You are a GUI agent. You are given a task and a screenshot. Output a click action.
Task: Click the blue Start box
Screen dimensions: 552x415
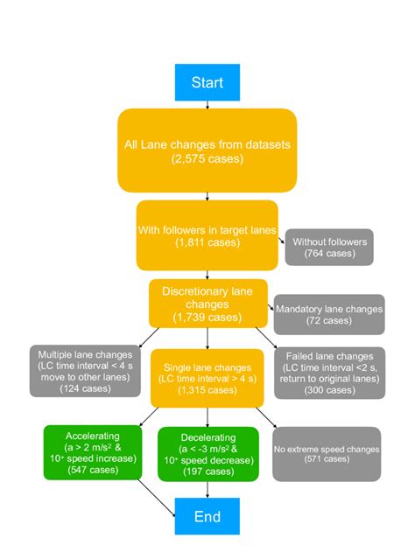(207, 82)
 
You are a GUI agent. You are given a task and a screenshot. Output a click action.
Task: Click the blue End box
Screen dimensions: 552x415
(207, 516)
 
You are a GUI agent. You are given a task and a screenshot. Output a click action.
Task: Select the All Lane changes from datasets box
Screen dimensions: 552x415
(207, 150)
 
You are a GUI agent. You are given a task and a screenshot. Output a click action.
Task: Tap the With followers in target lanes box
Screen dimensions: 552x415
(207, 235)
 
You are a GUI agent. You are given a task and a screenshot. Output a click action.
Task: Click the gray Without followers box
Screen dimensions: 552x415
(328, 248)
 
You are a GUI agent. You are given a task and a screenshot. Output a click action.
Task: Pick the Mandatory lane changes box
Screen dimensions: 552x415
(328, 314)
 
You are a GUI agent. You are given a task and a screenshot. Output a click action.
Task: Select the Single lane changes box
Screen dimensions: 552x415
(207, 377)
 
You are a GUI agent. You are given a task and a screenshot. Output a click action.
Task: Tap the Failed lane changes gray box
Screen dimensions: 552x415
(328, 371)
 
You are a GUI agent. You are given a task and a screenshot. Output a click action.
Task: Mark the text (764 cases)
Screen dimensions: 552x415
(328, 254)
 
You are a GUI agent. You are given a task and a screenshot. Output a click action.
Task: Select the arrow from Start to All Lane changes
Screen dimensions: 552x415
(207, 102)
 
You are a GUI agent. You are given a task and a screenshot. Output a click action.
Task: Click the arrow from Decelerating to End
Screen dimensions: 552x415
(207, 490)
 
